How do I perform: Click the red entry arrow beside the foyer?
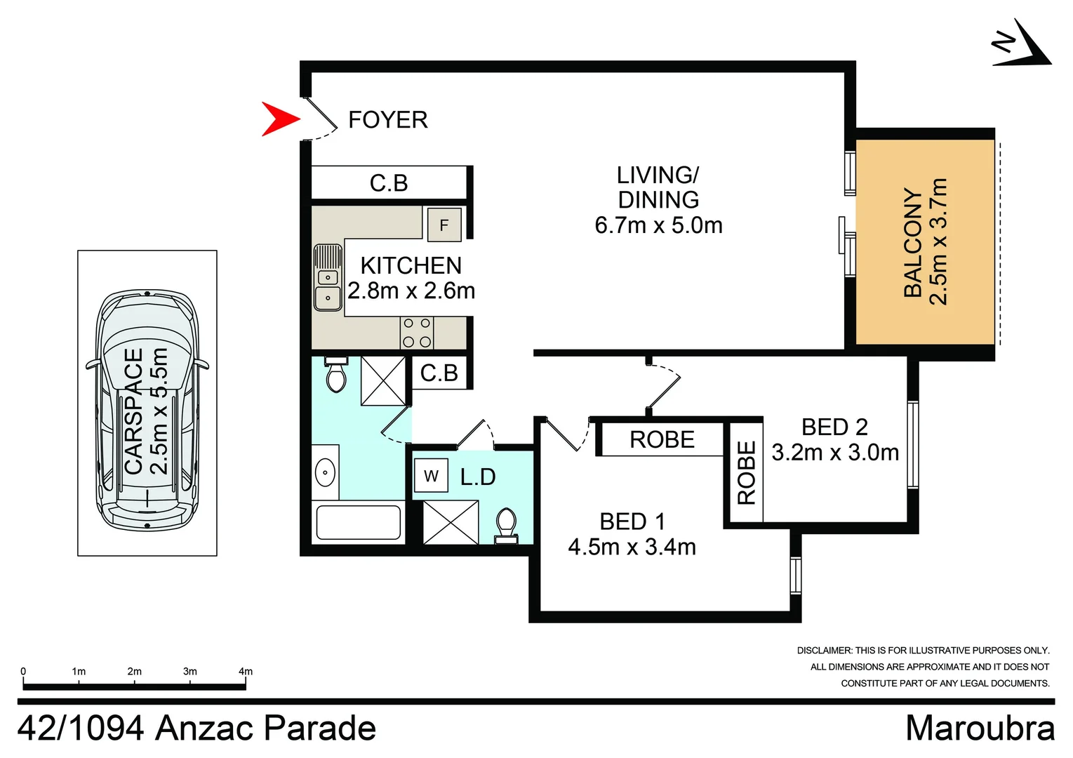coord(279,119)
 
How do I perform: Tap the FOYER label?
coord(387,120)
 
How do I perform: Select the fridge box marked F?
coord(444,225)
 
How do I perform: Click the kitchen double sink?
coord(328,277)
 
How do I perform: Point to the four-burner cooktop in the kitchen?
coord(416,333)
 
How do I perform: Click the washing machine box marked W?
coord(431,476)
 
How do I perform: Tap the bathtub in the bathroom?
coord(358,522)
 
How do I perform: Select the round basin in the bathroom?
coord(325,472)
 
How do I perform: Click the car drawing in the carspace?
coord(147,411)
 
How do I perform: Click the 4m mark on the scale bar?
coord(245,672)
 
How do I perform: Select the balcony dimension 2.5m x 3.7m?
coord(939,242)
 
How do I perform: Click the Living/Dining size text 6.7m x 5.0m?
coord(658,225)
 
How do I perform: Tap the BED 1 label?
coord(632,521)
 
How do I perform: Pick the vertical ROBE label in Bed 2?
coord(747,472)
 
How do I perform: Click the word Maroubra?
coord(980,728)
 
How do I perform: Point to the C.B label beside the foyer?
coord(389,183)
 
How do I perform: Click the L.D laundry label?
coord(478,477)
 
